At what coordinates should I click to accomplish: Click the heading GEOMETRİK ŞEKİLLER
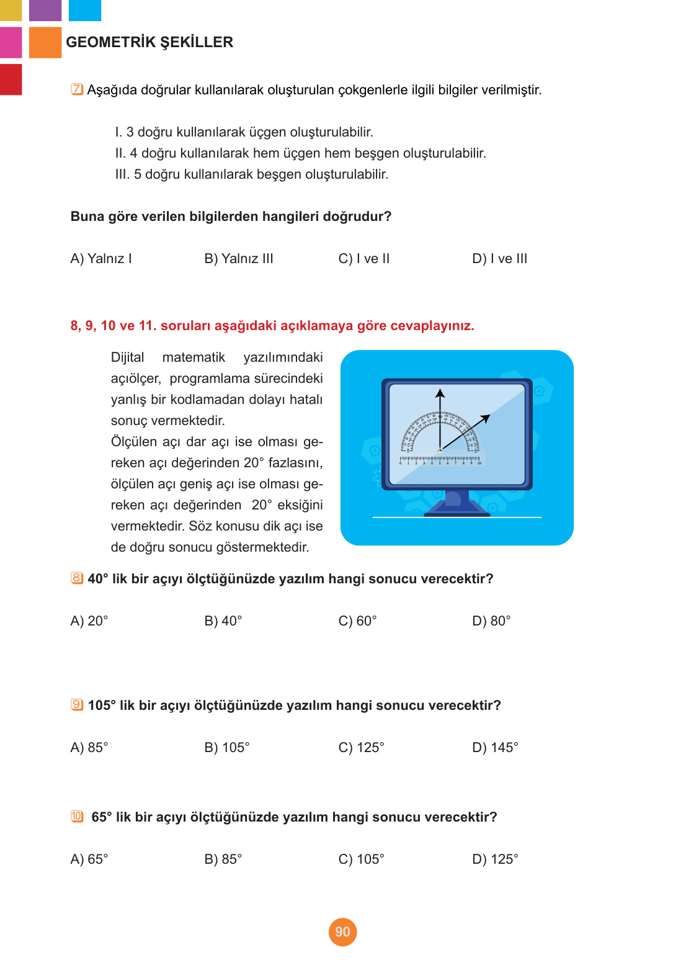[x=149, y=42]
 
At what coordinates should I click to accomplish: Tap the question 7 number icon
[x=77, y=89]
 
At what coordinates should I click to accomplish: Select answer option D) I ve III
[x=499, y=259]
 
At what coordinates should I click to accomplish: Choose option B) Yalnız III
[x=239, y=259]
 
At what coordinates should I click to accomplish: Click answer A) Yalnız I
[x=101, y=259]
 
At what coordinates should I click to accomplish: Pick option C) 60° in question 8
[x=357, y=621]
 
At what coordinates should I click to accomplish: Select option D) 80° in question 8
[x=491, y=621]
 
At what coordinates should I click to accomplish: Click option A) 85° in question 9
[x=89, y=748]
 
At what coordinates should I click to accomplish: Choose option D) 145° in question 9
[x=495, y=748]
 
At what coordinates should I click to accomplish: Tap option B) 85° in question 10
[x=223, y=859]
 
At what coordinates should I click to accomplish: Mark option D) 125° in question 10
[x=495, y=859]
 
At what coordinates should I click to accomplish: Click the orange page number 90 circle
[x=342, y=932]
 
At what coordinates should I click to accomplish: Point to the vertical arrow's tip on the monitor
[x=440, y=392]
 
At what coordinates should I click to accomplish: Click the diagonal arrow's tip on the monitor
[x=488, y=416]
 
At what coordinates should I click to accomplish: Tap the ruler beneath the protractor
[x=440, y=460]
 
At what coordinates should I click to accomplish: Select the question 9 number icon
[x=77, y=705]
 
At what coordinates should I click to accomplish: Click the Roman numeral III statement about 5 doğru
[x=252, y=174]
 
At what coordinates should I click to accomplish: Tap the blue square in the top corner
[x=84, y=10]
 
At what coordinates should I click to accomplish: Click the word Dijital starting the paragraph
[x=127, y=357]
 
